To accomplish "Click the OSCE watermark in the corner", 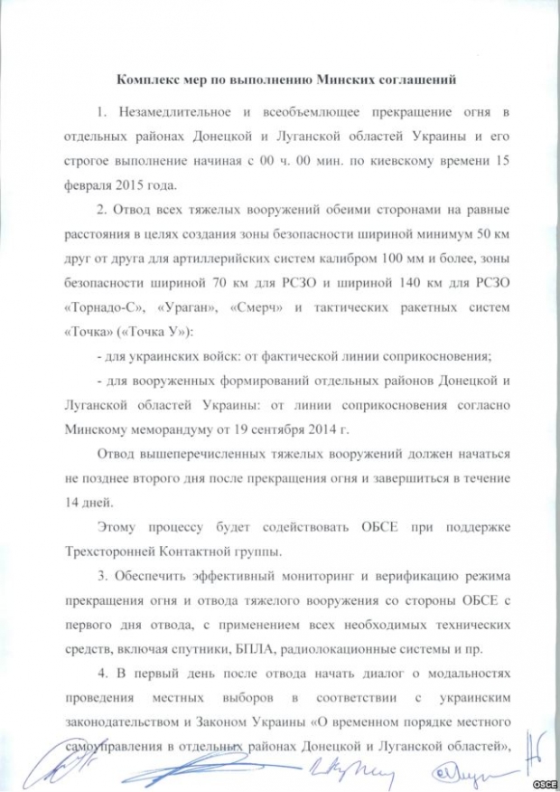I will click(541, 780).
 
